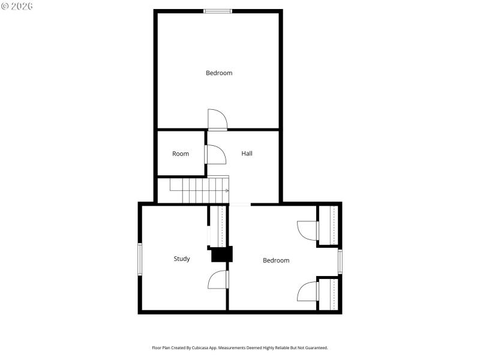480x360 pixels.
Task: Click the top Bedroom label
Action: tap(219, 73)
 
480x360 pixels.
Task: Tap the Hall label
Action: tap(247, 154)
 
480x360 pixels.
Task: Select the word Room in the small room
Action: tap(181, 154)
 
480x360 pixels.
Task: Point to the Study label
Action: tap(182, 259)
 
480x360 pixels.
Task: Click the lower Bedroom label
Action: tap(276, 260)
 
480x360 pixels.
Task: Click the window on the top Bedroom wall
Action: tap(218, 11)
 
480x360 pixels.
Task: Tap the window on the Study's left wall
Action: tap(140, 259)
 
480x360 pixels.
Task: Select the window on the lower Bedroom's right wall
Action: tap(340, 261)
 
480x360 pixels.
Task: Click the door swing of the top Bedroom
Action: tap(217, 119)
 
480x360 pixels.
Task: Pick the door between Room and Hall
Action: tap(215, 154)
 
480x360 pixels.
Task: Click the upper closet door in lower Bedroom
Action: tap(308, 230)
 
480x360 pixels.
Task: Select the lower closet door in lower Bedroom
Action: tap(308, 291)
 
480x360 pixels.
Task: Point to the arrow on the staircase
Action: tap(226, 190)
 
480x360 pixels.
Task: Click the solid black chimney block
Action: tap(221, 254)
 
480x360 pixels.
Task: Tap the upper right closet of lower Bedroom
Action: tap(328, 226)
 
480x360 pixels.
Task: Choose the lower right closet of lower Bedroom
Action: tap(328, 294)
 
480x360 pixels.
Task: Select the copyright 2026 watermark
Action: tap(17, 6)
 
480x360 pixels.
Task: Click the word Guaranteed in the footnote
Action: tap(316, 348)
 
